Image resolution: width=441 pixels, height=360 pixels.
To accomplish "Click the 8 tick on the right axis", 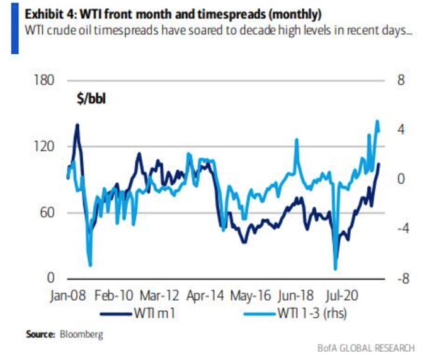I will [399, 81].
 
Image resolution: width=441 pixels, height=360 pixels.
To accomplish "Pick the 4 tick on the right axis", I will [399, 130].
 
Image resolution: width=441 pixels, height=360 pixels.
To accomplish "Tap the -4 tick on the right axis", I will [401, 228].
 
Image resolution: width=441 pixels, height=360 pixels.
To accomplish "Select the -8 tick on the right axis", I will [401, 278].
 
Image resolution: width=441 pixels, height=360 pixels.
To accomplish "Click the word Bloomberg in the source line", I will [80, 332].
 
